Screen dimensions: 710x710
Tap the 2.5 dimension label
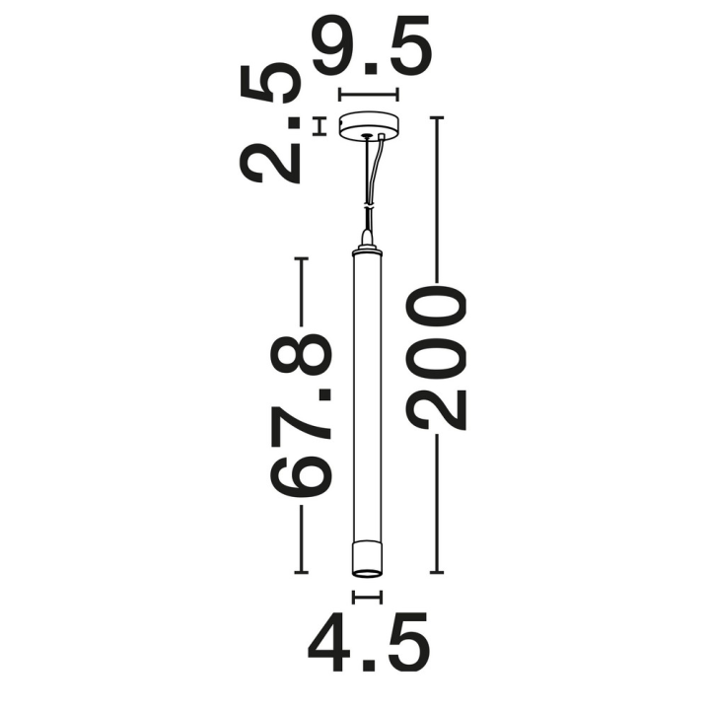coord(269,123)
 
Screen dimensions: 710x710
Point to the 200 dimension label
coord(436,358)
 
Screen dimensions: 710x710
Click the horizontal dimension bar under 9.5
coord(369,95)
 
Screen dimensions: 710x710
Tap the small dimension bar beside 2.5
coord(320,126)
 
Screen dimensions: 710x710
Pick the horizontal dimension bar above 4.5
coord(367,598)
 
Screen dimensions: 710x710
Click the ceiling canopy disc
coord(369,124)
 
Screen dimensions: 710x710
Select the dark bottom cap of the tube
coord(367,559)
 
